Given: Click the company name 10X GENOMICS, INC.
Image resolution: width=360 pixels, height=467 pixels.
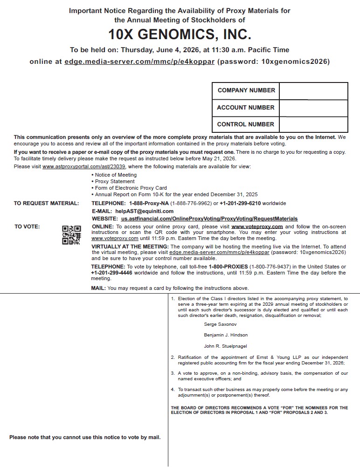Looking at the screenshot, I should coord(180,34).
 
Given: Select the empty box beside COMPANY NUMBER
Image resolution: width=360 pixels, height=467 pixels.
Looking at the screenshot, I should coord(313,91).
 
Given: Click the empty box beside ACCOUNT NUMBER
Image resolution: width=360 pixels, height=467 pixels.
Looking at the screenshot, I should coord(313,108).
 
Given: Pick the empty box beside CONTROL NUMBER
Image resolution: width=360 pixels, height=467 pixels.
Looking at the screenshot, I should coord(313,124).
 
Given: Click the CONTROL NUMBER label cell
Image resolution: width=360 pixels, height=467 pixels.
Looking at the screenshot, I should coord(246,124).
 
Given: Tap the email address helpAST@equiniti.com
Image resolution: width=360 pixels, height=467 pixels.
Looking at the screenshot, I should coord(145,211).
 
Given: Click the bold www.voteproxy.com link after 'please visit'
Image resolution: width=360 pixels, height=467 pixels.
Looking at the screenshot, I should coord(257,227).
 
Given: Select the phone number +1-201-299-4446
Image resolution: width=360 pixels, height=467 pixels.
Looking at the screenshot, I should coord(111,273).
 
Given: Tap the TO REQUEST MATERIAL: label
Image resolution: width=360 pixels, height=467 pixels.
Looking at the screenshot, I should coord(46,203).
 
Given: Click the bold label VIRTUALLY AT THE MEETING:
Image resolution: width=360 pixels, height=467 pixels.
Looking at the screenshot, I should coord(130,246).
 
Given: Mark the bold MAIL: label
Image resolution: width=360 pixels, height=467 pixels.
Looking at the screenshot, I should coord(98,288).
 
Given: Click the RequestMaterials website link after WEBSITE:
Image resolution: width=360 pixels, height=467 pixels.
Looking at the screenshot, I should coord(209,219).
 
